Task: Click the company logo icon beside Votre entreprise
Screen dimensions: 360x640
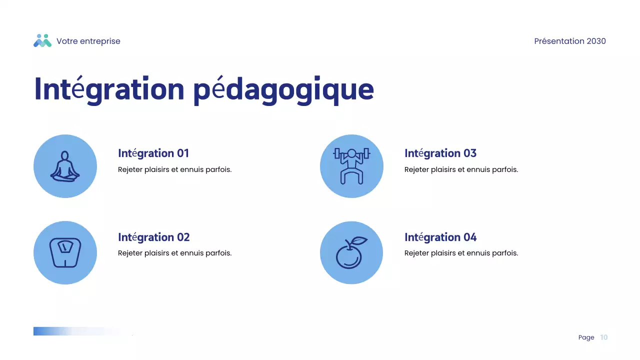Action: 42,41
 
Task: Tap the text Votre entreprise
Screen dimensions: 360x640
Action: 88,41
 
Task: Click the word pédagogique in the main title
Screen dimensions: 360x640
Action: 283,89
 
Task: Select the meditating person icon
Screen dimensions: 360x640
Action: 65,166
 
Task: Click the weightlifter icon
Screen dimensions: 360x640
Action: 351,166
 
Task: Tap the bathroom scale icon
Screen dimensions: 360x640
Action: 65,252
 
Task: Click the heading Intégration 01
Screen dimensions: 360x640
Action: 153,153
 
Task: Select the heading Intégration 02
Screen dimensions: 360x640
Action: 153,237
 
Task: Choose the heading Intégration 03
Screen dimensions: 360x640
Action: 440,153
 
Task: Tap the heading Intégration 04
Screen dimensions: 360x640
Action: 440,237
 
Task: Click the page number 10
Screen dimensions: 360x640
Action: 604,337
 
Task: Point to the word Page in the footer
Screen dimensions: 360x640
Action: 586,337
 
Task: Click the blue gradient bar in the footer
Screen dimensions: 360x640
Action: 60,331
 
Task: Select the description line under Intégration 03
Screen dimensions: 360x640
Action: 461,169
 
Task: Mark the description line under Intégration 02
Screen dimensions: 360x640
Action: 174,253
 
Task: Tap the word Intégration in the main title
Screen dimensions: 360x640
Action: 109,89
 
